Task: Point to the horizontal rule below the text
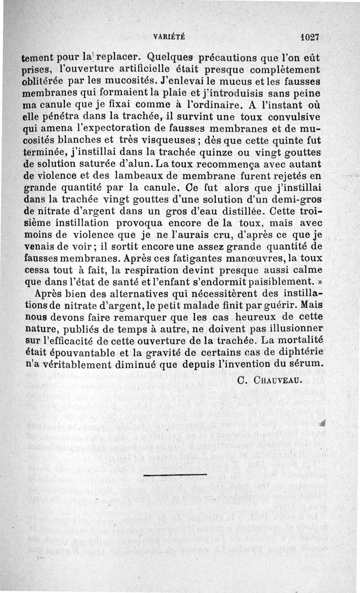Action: (x=175, y=475)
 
